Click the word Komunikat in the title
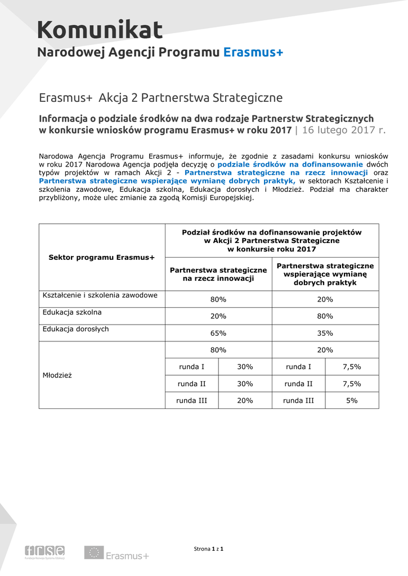[x=100, y=30]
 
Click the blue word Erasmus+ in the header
[x=253, y=52]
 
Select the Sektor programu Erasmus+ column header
[x=102, y=257]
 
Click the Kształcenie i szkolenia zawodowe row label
[x=100, y=295]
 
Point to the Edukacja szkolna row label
[x=72, y=312]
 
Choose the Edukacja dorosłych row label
[x=75, y=328]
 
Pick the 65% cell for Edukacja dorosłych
[x=218, y=333]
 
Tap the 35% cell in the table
[x=325, y=333]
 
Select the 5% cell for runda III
[x=352, y=400]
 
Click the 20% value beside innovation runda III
[x=245, y=400]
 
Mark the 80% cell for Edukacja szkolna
[x=325, y=316]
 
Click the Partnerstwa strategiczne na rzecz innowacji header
[x=218, y=274]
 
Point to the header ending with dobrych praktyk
[x=325, y=274]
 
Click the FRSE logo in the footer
[x=44, y=552]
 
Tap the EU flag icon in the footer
[x=93, y=552]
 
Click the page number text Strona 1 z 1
[x=209, y=548]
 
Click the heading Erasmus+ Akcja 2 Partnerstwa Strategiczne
[x=160, y=98]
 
